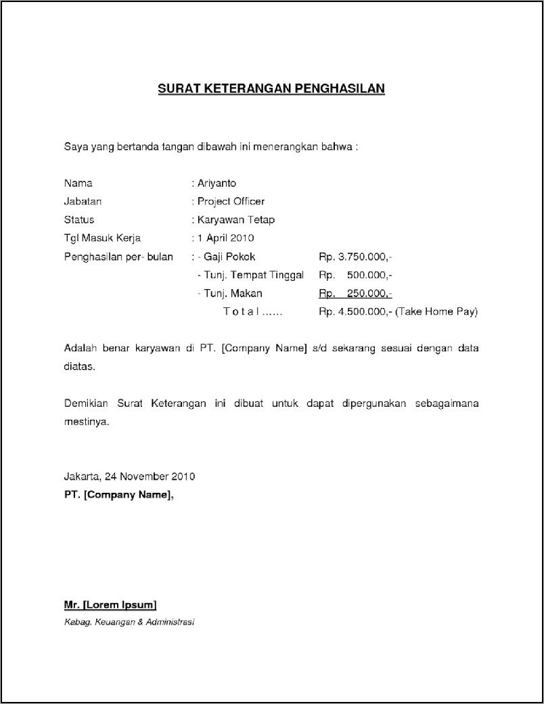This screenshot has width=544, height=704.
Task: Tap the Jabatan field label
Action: point(83,202)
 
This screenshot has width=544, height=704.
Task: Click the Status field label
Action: point(79,220)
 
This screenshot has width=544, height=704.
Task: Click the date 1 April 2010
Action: point(225,238)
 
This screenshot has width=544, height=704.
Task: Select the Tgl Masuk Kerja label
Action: point(102,238)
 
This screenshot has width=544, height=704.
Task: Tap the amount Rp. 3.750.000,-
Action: point(355,257)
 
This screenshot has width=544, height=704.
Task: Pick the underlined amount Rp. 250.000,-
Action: point(355,294)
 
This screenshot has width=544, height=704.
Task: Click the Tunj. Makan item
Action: point(232,294)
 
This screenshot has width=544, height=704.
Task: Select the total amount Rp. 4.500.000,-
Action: point(355,312)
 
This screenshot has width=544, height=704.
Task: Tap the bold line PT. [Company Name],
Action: point(118,495)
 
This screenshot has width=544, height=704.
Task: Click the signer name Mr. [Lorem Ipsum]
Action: point(110,604)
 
